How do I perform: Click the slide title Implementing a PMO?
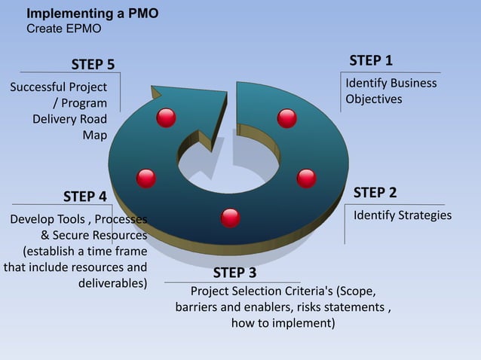tap(93, 14)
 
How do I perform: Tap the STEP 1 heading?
tap(370, 60)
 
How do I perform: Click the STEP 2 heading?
tap(375, 193)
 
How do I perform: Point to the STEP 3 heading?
tap(234, 272)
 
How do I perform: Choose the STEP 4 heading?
tap(84, 197)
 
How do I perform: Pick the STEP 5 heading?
tap(93, 63)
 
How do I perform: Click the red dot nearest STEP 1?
tap(286, 118)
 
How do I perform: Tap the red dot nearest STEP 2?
tap(306, 178)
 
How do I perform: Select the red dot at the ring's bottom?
tap(231, 218)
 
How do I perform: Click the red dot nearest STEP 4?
tap(146, 178)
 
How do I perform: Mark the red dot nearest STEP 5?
tap(166, 117)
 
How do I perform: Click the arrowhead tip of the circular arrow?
tap(154, 91)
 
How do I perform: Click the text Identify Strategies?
tap(403, 215)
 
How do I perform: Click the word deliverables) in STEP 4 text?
tap(112, 284)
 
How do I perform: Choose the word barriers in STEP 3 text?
tap(198, 307)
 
